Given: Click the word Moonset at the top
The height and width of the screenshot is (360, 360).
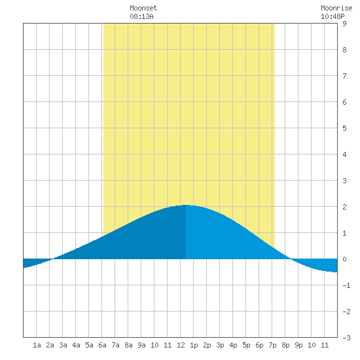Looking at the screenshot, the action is pos(143,8).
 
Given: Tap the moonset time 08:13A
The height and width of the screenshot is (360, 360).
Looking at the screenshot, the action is pos(141,16).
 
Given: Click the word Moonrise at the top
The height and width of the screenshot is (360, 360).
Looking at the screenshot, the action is pos(336,8).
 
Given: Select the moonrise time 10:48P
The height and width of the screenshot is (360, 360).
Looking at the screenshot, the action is pos(333,16).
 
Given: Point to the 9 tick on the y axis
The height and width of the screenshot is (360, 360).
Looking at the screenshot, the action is pos(344,24).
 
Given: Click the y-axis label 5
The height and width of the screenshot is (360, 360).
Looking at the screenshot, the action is pos(344,128).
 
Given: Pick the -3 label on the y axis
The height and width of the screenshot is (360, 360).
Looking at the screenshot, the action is pos(346,338).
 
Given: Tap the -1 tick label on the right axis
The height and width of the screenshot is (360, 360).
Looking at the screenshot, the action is pos(346,285).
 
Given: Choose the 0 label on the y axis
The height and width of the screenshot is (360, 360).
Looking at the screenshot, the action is pos(344,259).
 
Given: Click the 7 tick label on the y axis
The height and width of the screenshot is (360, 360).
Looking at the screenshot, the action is pos(344,76).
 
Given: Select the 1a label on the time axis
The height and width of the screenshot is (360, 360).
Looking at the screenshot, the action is pos(37,345).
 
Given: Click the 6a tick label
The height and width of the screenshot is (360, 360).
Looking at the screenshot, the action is pos(102,345).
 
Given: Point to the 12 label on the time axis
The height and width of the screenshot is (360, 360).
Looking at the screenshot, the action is pos(181,345).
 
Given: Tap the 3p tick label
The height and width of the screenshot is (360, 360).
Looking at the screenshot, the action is pos(220,345).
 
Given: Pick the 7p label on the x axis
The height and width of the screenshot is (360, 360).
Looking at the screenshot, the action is pos(272,345).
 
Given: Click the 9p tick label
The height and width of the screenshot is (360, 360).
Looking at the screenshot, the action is pos(298,345).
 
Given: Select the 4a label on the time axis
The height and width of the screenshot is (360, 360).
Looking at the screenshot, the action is pos(76,345).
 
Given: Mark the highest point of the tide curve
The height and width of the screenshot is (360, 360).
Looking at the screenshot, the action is pos(185,205).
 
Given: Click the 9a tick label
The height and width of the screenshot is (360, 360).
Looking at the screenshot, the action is pos(141,345).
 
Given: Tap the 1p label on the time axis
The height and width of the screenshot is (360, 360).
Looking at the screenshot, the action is pos(194,345).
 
